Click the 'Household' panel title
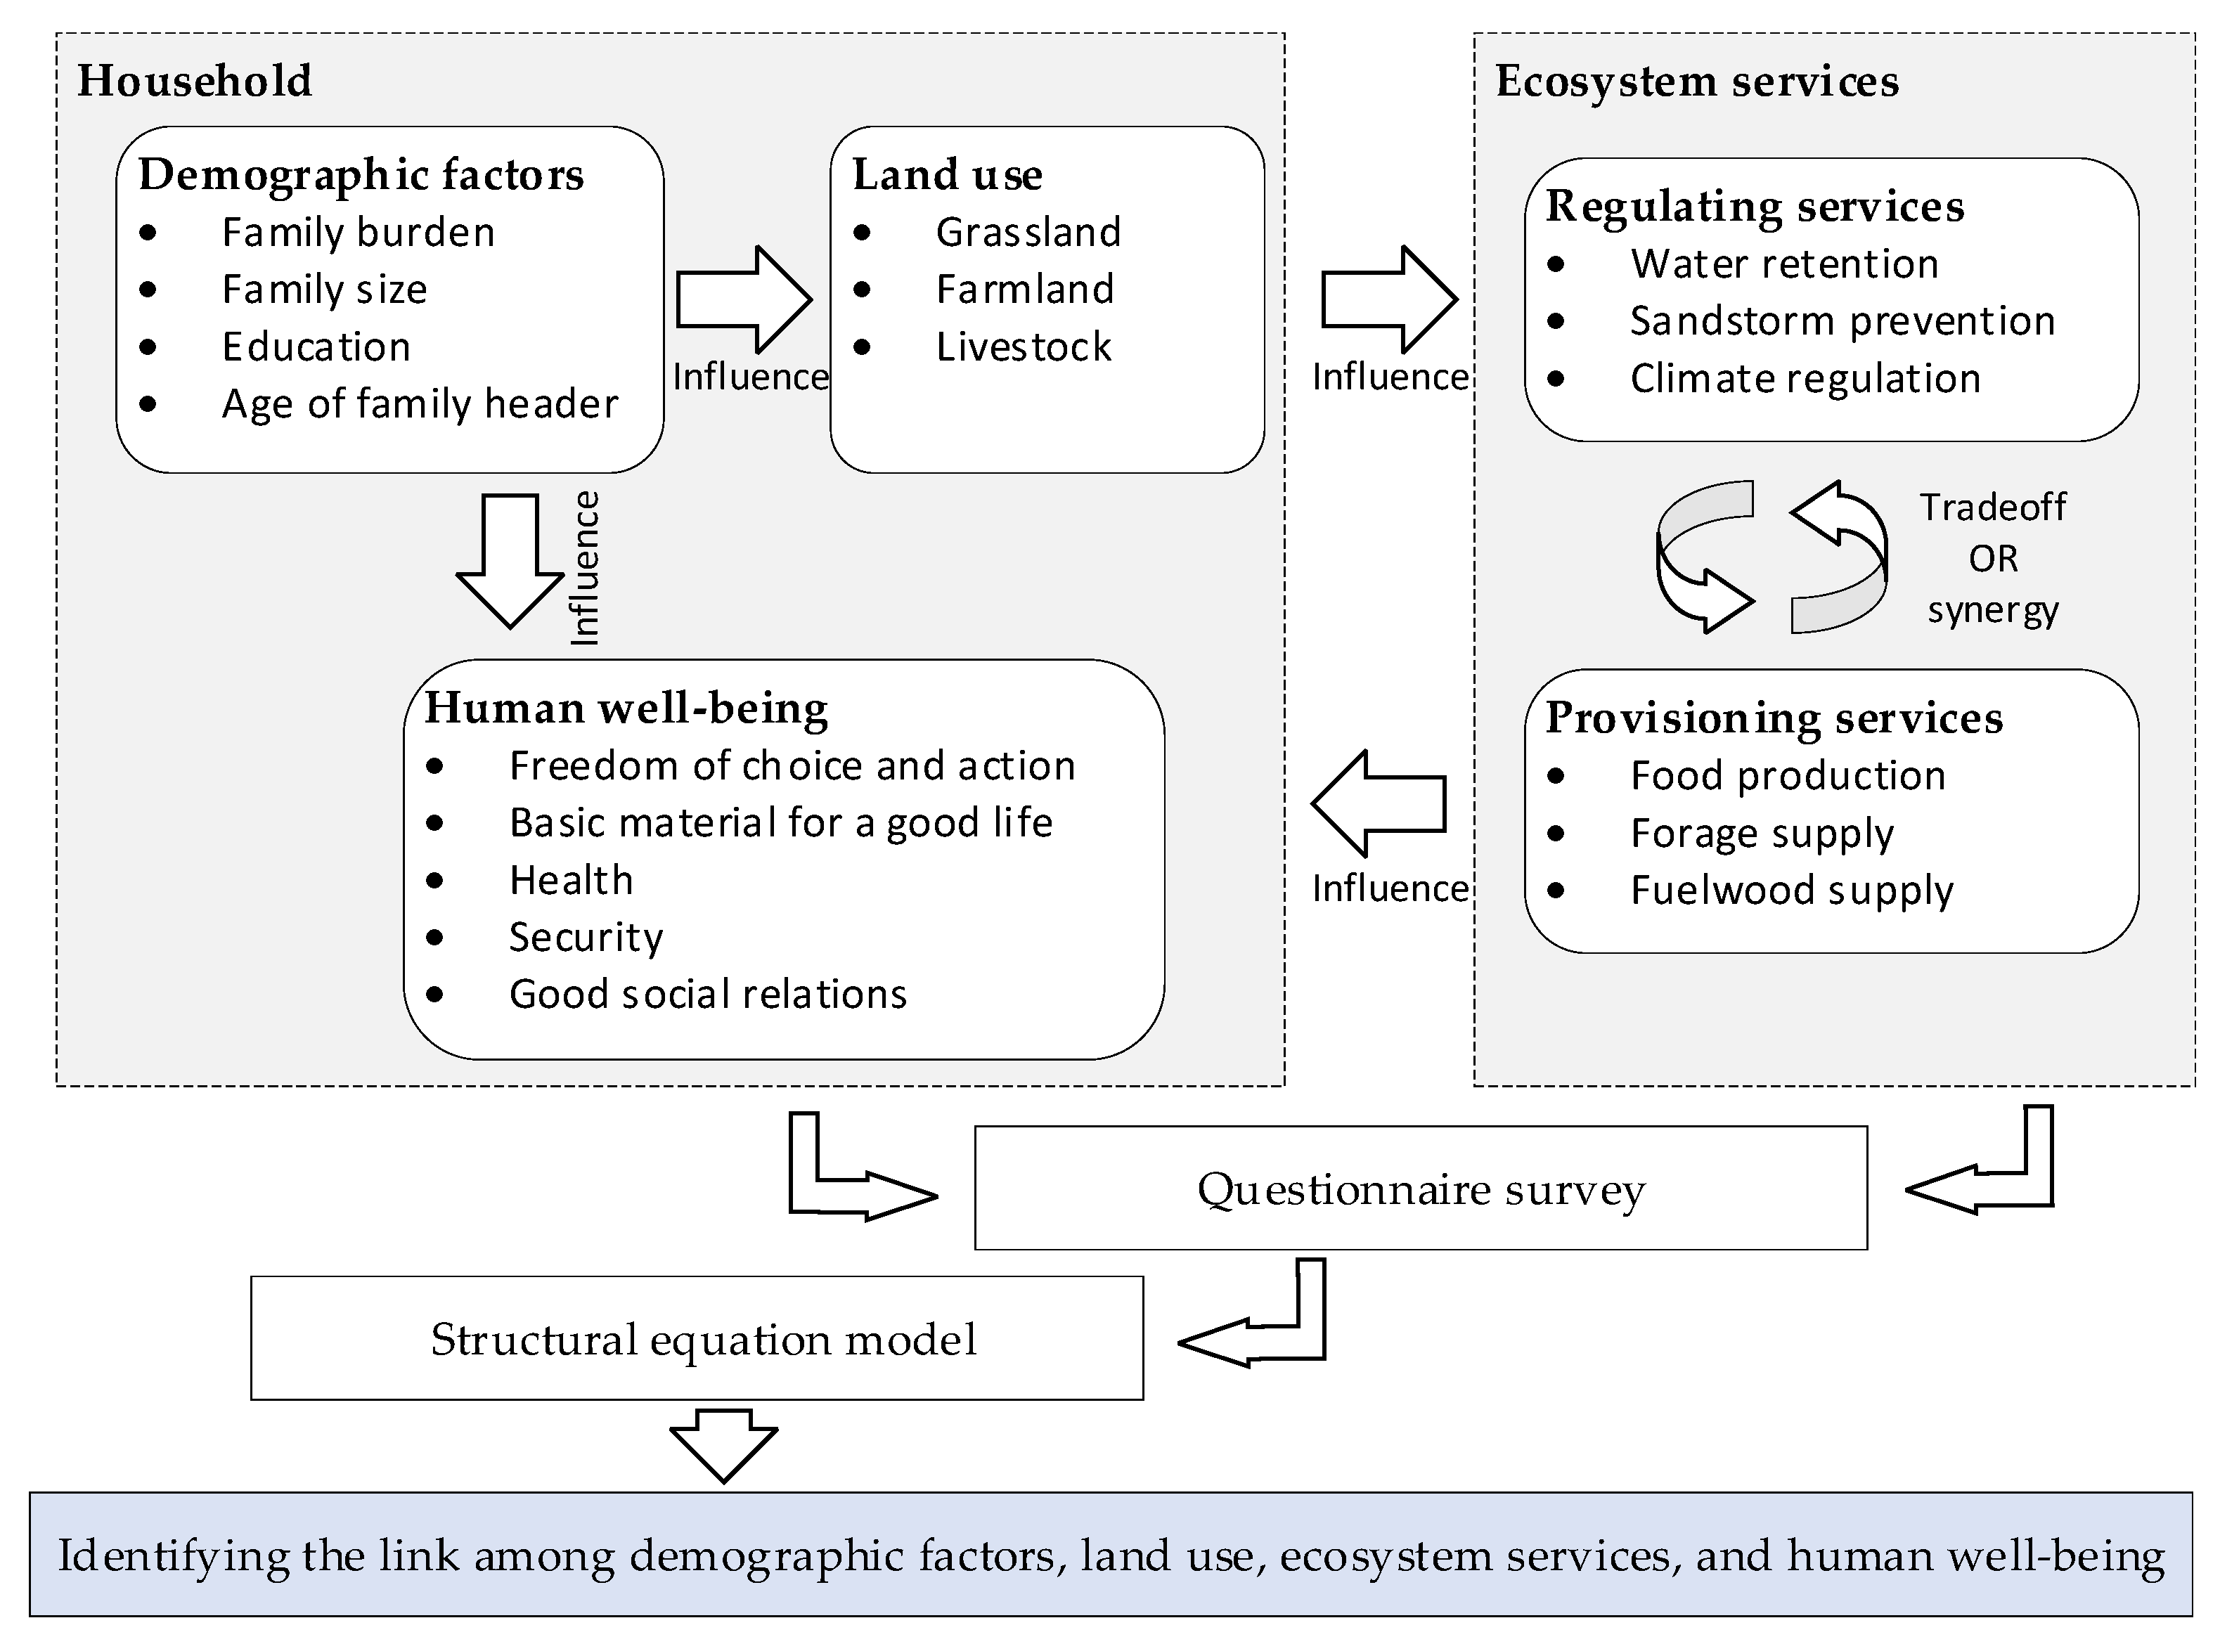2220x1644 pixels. click(195, 82)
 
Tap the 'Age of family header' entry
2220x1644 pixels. click(419, 404)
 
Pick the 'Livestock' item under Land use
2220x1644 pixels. click(1023, 347)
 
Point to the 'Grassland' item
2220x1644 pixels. click(1028, 233)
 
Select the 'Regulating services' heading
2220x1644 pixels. click(1755, 207)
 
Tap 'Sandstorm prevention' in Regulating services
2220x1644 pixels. click(1842, 321)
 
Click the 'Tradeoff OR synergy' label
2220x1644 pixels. click(1992, 558)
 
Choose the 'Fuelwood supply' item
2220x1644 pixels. click(1791, 891)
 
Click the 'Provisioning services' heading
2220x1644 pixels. click(1773, 718)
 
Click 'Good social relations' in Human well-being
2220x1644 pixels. click(707, 994)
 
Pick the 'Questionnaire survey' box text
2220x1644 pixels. click(1420, 1190)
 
